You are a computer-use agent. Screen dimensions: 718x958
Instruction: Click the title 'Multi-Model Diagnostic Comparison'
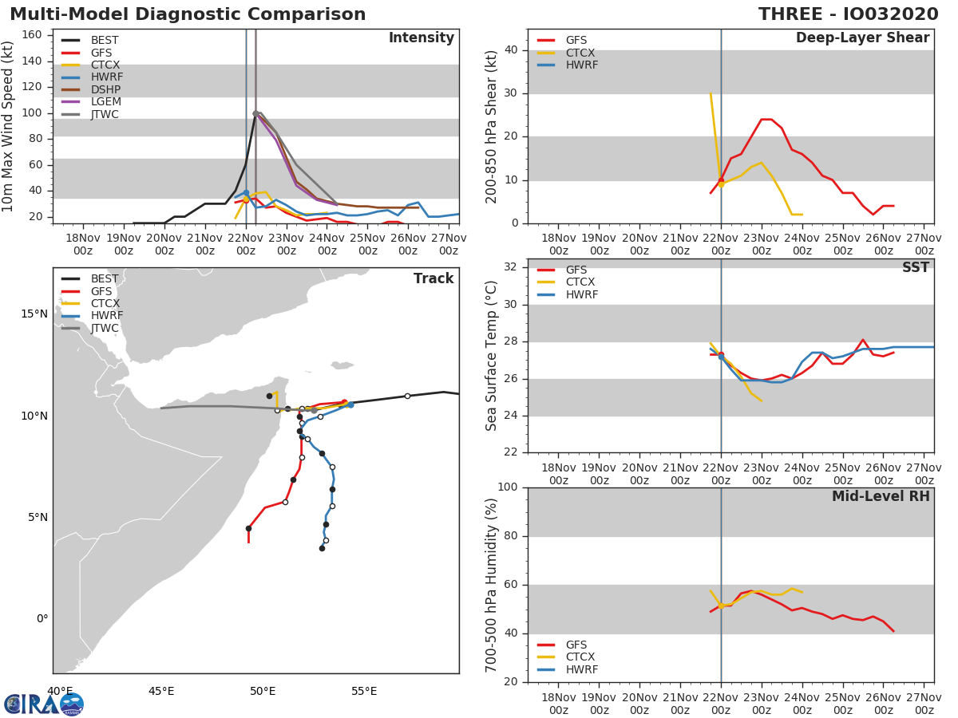point(188,15)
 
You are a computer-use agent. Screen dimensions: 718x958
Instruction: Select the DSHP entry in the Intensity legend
point(105,89)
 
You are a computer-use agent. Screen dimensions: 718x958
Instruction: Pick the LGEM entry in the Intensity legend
point(105,102)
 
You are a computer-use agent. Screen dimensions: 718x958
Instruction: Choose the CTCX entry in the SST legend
point(580,282)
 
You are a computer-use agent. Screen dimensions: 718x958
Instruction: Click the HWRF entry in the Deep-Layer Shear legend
point(580,65)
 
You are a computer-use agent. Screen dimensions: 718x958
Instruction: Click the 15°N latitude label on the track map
point(34,314)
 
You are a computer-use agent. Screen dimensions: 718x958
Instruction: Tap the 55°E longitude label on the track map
point(364,691)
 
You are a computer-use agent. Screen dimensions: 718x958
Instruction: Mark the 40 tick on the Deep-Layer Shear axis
point(511,50)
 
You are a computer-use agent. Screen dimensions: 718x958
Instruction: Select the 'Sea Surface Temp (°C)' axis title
point(493,356)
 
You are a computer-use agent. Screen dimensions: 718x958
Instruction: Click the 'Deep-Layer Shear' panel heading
point(862,38)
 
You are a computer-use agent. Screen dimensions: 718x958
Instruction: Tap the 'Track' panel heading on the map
point(433,278)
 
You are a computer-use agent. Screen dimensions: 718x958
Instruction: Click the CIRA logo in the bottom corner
point(44,704)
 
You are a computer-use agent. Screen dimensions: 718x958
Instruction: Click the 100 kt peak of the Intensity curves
point(255,113)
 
